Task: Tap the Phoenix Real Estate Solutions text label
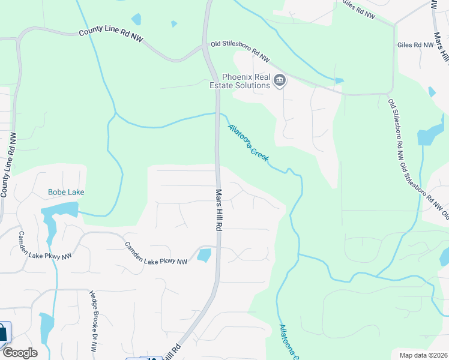tap(246, 81)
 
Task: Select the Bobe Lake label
tap(66, 192)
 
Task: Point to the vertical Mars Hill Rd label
tap(219, 209)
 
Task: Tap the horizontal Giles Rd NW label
tap(415, 45)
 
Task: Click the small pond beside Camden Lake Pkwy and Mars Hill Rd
tap(204, 255)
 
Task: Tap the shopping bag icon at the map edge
tap(3, 332)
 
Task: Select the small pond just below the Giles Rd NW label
tap(432, 92)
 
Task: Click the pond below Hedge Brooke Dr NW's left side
tap(46, 327)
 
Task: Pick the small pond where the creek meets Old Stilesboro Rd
tap(339, 80)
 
